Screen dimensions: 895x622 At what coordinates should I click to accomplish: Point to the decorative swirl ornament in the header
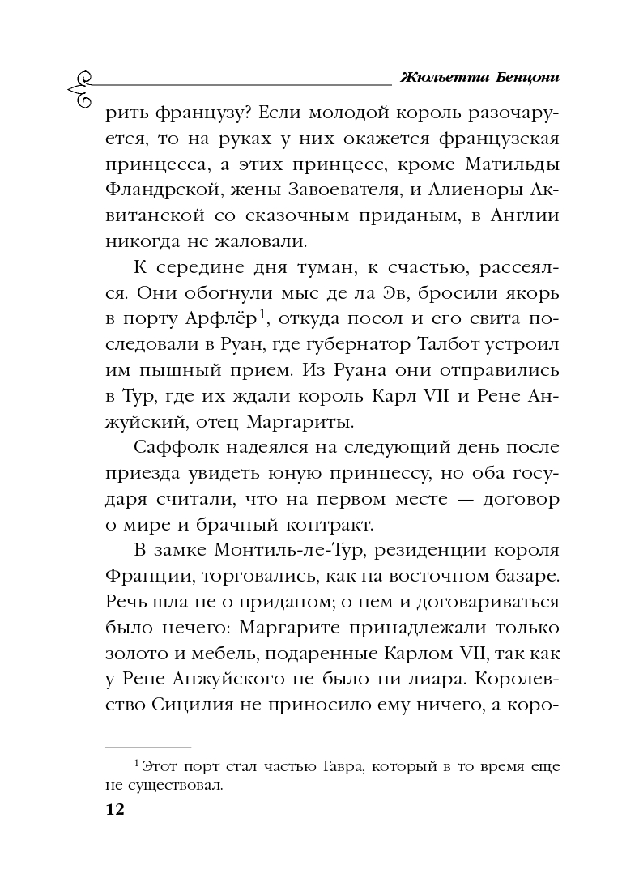click(x=81, y=89)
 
